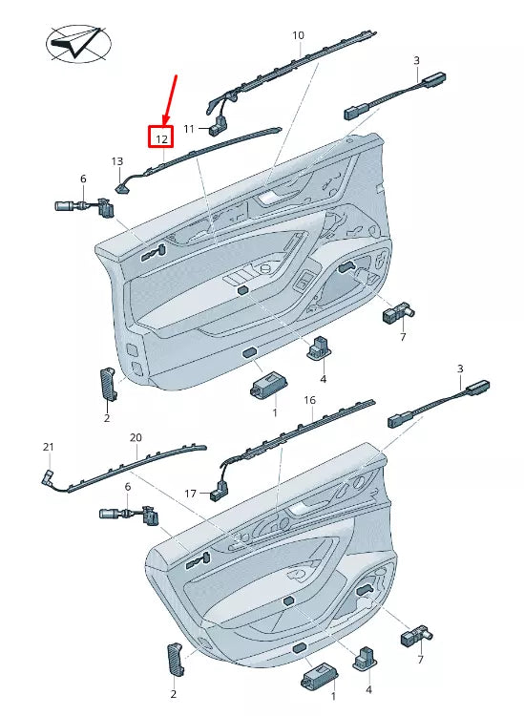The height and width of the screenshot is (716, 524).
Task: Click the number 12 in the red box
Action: pyautogui.click(x=161, y=137)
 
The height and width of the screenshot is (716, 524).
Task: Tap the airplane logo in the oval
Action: pyautogui.click(x=79, y=44)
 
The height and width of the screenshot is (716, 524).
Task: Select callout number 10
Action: pyautogui.click(x=298, y=36)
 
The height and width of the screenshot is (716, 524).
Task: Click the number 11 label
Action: pyautogui.click(x=189, y=129)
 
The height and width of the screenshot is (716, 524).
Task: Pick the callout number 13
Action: pyautogui.click(x=117, y=161)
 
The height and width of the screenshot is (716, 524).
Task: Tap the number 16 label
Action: pyautogui.click(x=309, y=400)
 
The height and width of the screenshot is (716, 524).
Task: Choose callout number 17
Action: pyautogui.click(x=190, y=494)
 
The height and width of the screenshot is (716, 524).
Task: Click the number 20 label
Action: pyautogui.click(x=136, y=437)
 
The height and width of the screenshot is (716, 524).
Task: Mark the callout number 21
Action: pyautogui.click(x=49, y=447)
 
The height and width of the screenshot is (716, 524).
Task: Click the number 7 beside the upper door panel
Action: pyautogui.click(x=403, y=337)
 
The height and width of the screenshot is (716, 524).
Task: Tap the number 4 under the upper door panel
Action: pyautogui.click(x=323, y=379)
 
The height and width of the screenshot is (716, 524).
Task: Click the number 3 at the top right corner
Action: pyautogui.click(x=417, y=60)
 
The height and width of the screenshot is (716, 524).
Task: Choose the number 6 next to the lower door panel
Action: pyautogui.click(x=128, y=487)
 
